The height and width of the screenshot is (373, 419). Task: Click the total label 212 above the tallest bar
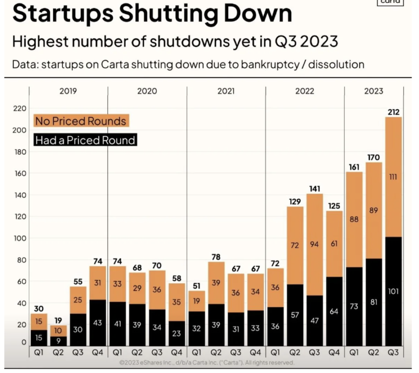point(393,112)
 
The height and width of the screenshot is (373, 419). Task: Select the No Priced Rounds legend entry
point(80,121)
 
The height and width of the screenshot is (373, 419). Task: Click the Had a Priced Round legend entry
point(85,140)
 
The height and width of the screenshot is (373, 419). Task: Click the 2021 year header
point(226,91)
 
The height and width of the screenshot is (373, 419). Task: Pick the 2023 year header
point(374,91)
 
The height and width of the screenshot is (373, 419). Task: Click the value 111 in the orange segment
point(393,177)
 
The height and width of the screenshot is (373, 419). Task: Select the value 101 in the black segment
point(393,291)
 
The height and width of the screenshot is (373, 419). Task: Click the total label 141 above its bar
point(315,189)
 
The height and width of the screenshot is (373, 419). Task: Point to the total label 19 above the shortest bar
point(58,320)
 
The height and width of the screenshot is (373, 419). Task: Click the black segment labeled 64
point(334,311)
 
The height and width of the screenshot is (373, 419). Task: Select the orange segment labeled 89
point(374,210)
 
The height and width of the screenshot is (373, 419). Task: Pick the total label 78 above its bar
point(216,257)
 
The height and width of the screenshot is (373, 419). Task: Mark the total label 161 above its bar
point(354,167)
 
